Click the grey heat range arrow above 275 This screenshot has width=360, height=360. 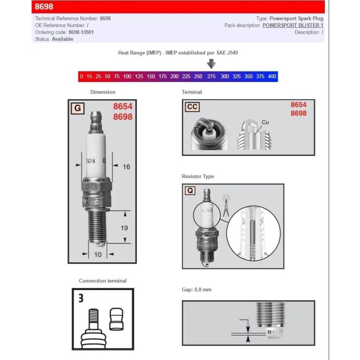pyautogui.click(x=211, y=64)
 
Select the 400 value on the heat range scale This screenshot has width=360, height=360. pyautogui.click(x=272, y=76)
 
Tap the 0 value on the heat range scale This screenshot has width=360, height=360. pyautogui.click(x=81, y=76)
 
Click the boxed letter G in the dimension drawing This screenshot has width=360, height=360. pyautogui.click(x=77, y=108)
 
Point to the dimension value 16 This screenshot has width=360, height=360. pyautogui.click(x=126, y=167)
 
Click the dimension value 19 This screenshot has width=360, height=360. pyautogui.click(x=124, y=228)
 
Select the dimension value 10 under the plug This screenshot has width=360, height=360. pyautogui.click(x=98, y=255)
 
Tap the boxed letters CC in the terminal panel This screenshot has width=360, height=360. pyautogui.click(x=192, y=107)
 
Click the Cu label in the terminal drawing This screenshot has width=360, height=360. pyautogui.click(x=265, y=122)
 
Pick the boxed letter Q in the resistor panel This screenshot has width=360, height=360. pyautogui.click(x=190, y=191)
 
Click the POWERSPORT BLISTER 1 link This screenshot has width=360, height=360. pyautogui.click(x=292, y=26)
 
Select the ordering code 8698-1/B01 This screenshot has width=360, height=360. pyautogui.click(x=81, y=32)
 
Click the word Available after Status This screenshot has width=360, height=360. pyautogui.click(x=63, y=39)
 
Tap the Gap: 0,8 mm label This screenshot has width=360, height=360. pyautogui.click(x=196, y=290)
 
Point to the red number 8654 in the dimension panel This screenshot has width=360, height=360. pyautogui.click(x=122, y=107)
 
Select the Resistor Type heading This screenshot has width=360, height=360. pyautogui.click(x=198, y=176)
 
